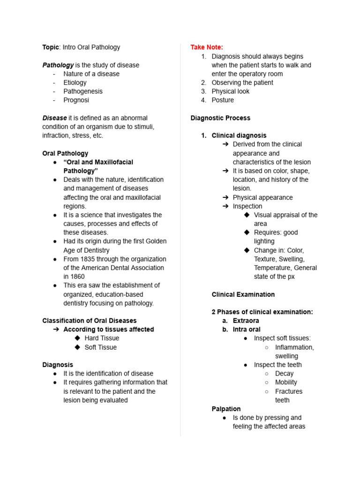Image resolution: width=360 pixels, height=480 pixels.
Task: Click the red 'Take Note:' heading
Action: (207, 47)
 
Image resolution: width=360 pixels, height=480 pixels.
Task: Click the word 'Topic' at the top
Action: (51, 47)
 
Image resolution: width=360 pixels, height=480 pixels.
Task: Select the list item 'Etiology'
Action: (75, 82)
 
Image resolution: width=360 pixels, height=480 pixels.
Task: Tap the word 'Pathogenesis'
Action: (83, 91)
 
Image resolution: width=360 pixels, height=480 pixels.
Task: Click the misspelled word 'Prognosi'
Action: (76, 100)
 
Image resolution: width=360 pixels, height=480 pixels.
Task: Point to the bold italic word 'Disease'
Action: (54, 118)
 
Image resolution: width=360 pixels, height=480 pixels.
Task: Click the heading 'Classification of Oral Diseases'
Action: (90, 321)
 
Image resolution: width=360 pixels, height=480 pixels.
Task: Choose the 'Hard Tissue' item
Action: (102, 338)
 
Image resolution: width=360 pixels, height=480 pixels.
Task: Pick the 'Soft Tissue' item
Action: (100, 347)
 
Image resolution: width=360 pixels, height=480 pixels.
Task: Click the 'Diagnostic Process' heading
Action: (220, 118)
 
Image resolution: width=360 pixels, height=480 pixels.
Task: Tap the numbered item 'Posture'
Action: (223, 100)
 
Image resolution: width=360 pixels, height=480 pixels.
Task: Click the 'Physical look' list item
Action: (231, 91)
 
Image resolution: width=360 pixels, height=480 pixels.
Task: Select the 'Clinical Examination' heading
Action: (243, 294)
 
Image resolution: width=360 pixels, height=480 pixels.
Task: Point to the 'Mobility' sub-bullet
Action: (286, 382)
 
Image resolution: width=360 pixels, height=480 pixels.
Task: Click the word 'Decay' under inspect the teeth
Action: (284, 374)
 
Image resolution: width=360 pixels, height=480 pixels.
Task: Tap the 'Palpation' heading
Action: (226, 409)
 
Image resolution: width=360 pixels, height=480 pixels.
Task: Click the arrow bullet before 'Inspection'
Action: (225, 206)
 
